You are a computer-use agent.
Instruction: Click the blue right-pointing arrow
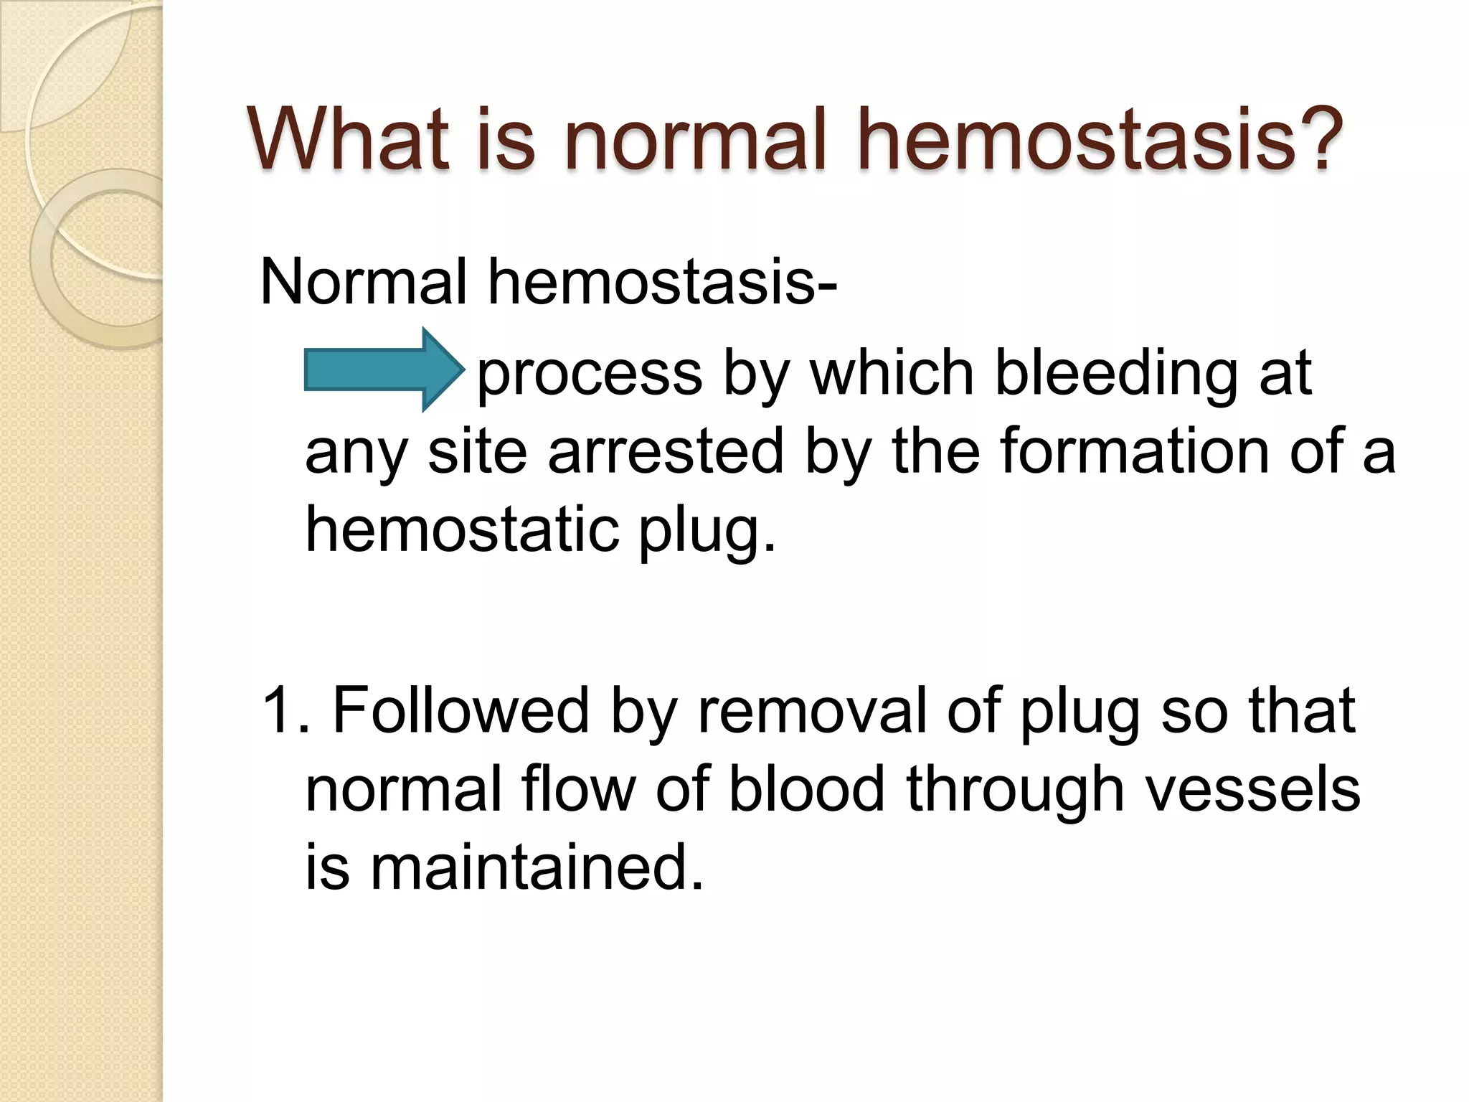pyautogui.click(x=384, y=369)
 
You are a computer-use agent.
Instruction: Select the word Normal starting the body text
pyautogui.click(x=363, y=281)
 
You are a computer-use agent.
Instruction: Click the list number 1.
pyautogui.click(x=276, y=710)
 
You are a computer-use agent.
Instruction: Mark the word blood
pyautogui.click(x=806, y=789)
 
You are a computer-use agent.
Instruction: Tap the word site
pyautogui.click(x=478, y=452)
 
